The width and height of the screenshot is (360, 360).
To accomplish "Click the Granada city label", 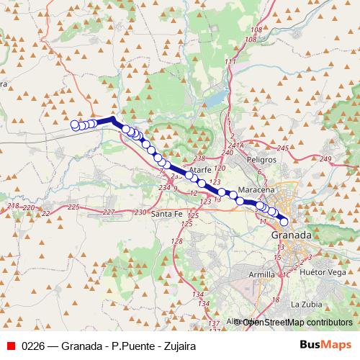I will (291, 235).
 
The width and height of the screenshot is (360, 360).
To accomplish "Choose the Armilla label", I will (260, 274).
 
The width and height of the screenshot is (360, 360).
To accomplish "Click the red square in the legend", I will (11, 345).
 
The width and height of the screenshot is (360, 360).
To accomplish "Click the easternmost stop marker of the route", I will (284, 222).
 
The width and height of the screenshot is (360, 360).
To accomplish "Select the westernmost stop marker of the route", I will (74, 125).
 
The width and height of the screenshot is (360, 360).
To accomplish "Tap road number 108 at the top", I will (255, 30).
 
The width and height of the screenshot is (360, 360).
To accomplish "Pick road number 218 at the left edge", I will (12, 207).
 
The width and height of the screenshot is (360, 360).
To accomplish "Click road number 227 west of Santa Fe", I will (109, 212).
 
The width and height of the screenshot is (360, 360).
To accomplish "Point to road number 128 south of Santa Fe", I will (177, 241).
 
